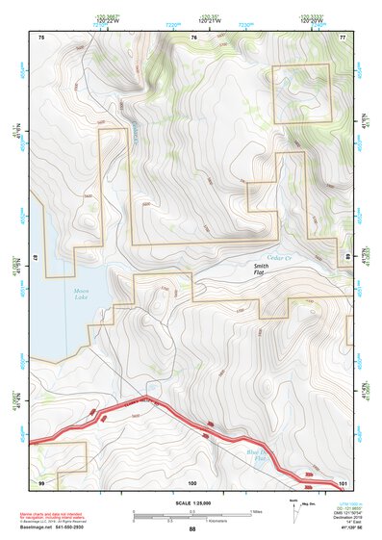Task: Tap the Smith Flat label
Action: tap(261, 270)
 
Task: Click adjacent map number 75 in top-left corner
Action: tap(41, 38)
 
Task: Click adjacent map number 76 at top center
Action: tap(193, 38)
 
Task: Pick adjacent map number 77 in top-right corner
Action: tap(342, 38)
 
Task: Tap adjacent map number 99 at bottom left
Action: tap(41, 480)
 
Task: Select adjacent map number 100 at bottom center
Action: tap(192, 480)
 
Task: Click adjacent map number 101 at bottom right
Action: tap(341, 480)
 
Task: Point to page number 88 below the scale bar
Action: tap(191, 529)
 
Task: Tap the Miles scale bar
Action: tap(191, 512)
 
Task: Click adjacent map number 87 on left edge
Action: tap(35, 260)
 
